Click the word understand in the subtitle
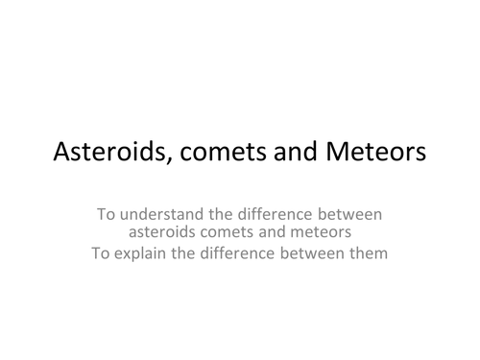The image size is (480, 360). (x=163, y=214)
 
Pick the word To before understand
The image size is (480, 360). (x=108, y=214)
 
